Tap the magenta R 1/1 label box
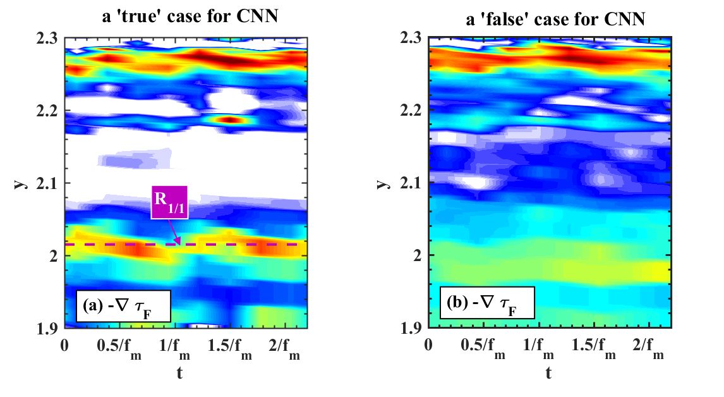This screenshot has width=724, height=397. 169,202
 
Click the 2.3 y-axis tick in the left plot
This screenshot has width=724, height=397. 47,39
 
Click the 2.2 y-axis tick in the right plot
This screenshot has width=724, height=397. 411,111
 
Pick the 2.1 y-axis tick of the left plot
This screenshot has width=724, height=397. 47,183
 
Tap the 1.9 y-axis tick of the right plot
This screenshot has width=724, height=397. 411,328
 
